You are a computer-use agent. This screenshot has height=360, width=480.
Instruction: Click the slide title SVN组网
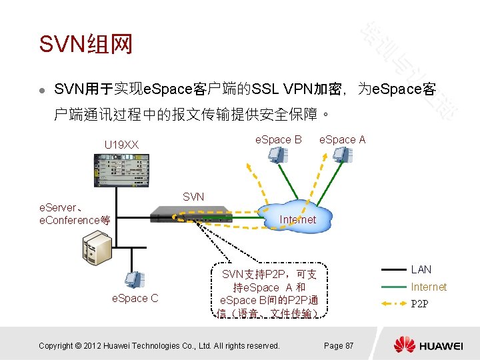coord(86,44)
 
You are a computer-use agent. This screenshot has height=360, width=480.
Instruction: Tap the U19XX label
coord(122,144)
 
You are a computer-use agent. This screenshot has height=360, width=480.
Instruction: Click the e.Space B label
coord(279,139)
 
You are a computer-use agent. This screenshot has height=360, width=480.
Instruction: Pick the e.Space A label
coord(343,139)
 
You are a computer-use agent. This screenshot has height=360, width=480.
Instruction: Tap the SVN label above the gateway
coord(193,197)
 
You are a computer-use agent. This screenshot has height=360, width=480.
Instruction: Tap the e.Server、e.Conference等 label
coord(75,214)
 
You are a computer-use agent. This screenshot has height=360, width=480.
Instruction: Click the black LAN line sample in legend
coord(393,270)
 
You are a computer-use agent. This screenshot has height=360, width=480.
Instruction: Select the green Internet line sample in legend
coord(393,287)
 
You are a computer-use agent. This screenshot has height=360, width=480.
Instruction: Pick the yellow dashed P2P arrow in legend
coord(393,304)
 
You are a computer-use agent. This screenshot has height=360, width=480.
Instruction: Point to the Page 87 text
coord(339,345)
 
